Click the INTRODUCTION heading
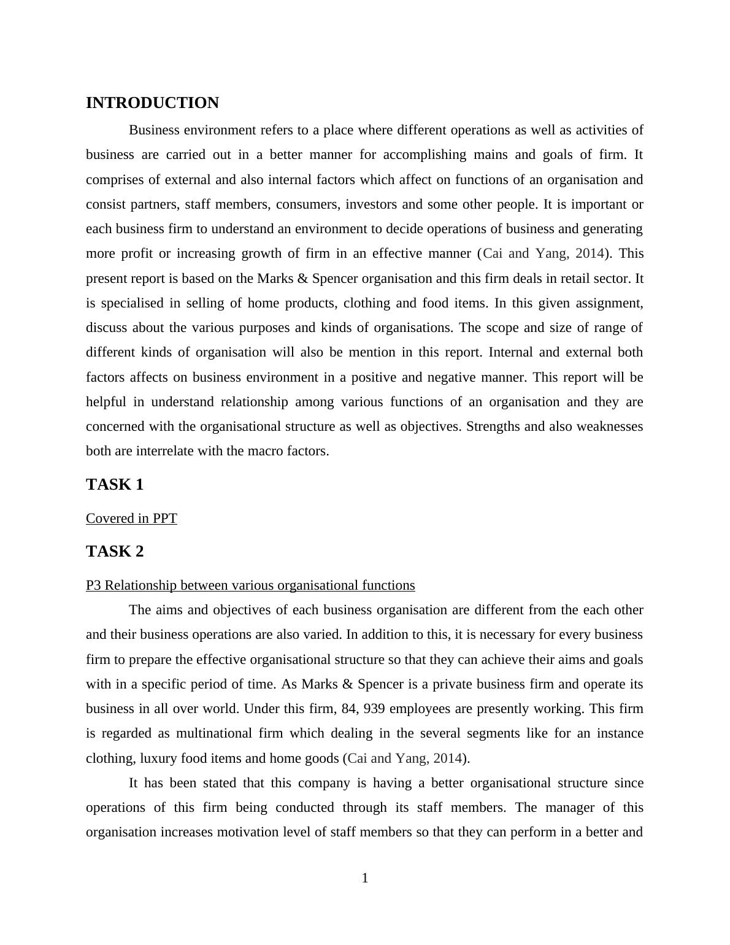(x=152, y=103)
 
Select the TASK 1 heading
(x=115, y=485)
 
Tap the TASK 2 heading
(x=115, y=552)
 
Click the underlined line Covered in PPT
(x=131, y=519)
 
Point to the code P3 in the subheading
(x=93, y=585)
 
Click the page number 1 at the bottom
(x=365, y=878)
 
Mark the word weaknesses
(x=610, y=426)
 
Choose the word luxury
(x=159, y=758)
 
